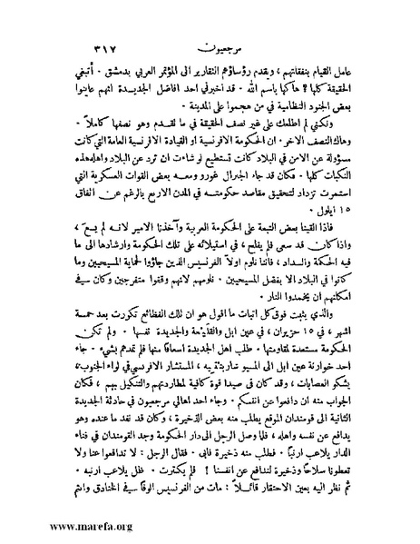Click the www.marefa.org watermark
(54, 525)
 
